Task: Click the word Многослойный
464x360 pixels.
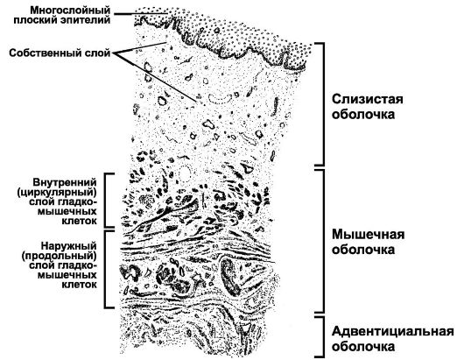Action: [70, 10]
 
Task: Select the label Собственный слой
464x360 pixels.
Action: [60, 53]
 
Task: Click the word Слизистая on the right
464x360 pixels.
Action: [367, 99]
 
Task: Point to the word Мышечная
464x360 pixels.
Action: [368, 234]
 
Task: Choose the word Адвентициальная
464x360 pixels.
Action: [393, 331]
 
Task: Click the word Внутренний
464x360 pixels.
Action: [65, 181]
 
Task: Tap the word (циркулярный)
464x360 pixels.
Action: [57, 192]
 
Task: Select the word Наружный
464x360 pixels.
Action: [68, 246]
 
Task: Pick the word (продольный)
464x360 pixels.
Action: [60, 256]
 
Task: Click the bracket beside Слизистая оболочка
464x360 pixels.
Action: [323, 104]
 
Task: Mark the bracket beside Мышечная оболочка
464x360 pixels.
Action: [323, 241]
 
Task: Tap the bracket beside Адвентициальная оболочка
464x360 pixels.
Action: [323, 336]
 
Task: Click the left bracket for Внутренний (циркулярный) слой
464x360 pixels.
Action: [105, 200]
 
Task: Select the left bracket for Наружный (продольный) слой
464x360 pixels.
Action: [105, 269]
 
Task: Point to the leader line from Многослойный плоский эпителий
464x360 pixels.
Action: [141, 14]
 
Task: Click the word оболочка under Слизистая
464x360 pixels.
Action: [363, 114]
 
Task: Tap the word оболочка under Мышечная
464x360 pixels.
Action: [363, 250]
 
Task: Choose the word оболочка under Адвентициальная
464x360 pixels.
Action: [363, 346]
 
